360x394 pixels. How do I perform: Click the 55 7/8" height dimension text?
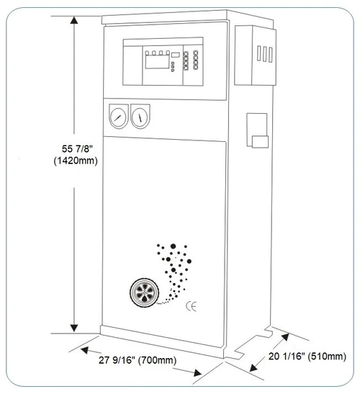coord(77,149)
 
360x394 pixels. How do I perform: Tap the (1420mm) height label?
coord(76,161)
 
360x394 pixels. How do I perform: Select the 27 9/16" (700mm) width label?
coord(138,360)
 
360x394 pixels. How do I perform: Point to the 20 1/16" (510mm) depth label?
coord(307,357)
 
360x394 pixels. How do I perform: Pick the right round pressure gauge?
coord(140,117)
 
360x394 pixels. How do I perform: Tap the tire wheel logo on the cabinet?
coord(145,292)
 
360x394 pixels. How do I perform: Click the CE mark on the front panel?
coord(191,306)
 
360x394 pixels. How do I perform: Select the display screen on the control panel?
coord(157,61)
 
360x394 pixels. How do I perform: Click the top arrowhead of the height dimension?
coord(74,20)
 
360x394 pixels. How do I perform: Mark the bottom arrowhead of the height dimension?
coord(74,328)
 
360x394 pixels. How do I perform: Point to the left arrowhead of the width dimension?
coord(84,350)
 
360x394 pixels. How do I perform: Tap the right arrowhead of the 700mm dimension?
coord(197,373)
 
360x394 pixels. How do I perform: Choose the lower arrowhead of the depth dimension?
coord(253,368)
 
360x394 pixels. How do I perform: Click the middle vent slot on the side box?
coord(264,54)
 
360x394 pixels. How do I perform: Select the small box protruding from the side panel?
coord(260,142)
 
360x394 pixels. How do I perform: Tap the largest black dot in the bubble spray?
coord(173,246)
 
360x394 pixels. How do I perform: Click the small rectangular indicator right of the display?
coord(176,55)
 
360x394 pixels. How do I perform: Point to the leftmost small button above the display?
coord(147,53)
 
